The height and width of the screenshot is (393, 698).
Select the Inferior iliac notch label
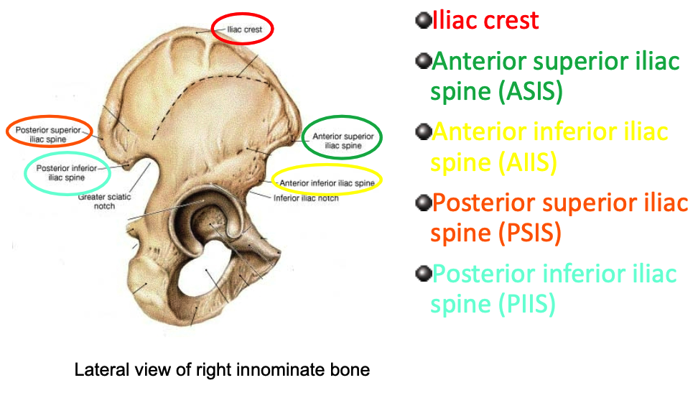click(305, 198)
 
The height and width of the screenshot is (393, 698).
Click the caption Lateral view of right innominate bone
click(223, 371)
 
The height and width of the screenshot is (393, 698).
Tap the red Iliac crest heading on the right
click(485, 20)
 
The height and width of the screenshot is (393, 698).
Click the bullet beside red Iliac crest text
click(422, 19)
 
